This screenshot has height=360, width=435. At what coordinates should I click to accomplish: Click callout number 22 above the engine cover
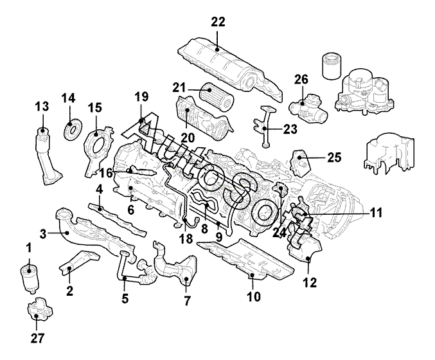point(218,22)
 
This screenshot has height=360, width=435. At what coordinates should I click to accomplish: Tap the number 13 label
point(42,105)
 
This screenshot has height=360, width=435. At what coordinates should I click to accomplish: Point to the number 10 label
point(253,296)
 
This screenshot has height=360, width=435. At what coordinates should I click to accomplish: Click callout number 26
point(301,80)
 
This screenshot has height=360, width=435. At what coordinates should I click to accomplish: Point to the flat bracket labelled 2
point(79,264)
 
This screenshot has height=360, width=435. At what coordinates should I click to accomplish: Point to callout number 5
point(125,298)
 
